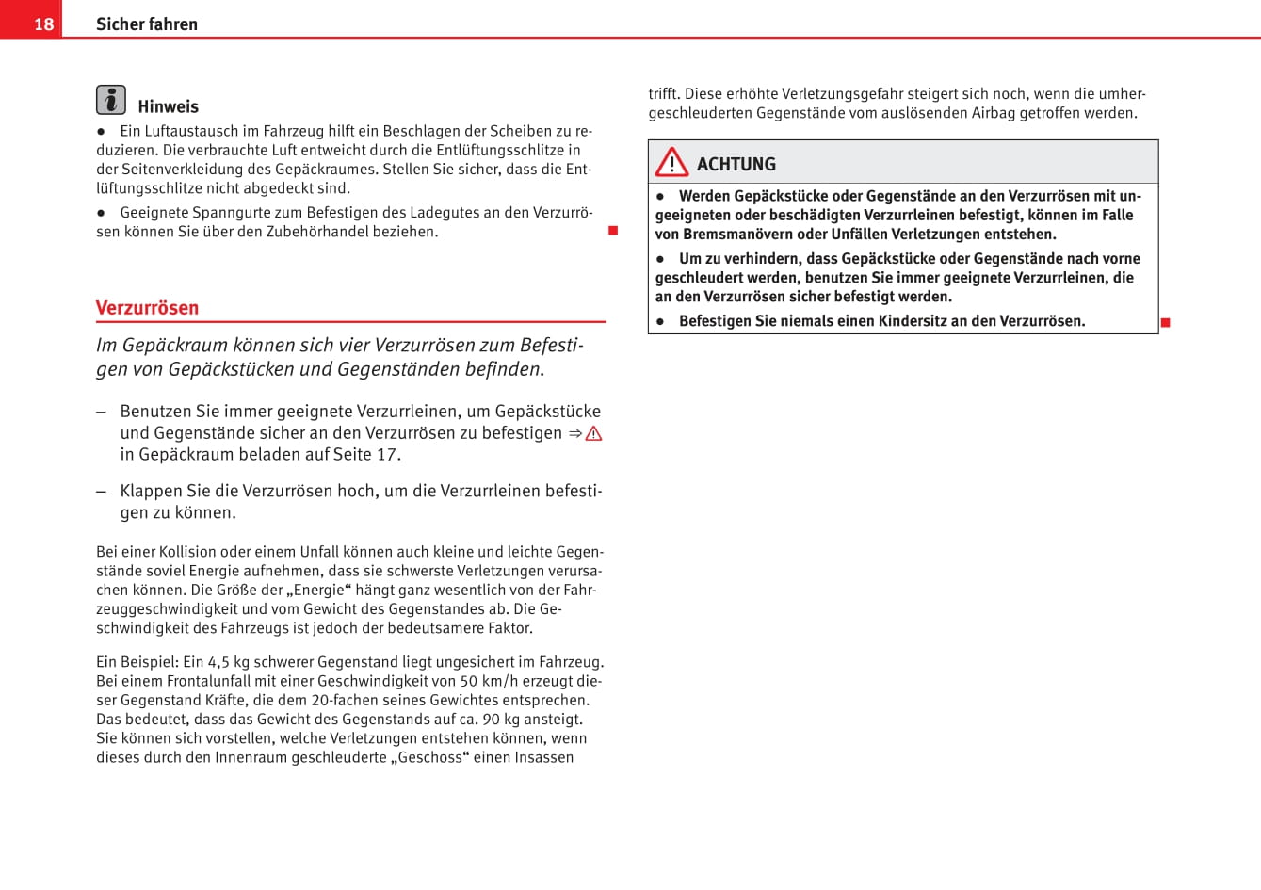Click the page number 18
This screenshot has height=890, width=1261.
point(44,24)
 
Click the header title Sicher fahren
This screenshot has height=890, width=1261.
point(147,24)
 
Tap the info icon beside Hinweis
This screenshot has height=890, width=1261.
point(111,100)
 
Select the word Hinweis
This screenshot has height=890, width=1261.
point(168,106)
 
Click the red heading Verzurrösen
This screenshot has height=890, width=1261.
point(147,308)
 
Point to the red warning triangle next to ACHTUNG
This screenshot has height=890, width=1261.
point(672,163)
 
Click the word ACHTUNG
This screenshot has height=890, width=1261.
point(736,164)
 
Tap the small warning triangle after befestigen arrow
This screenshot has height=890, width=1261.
point(593,433)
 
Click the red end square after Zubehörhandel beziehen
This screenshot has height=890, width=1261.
point(613,231)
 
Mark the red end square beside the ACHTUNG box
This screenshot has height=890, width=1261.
point(1165,323)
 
